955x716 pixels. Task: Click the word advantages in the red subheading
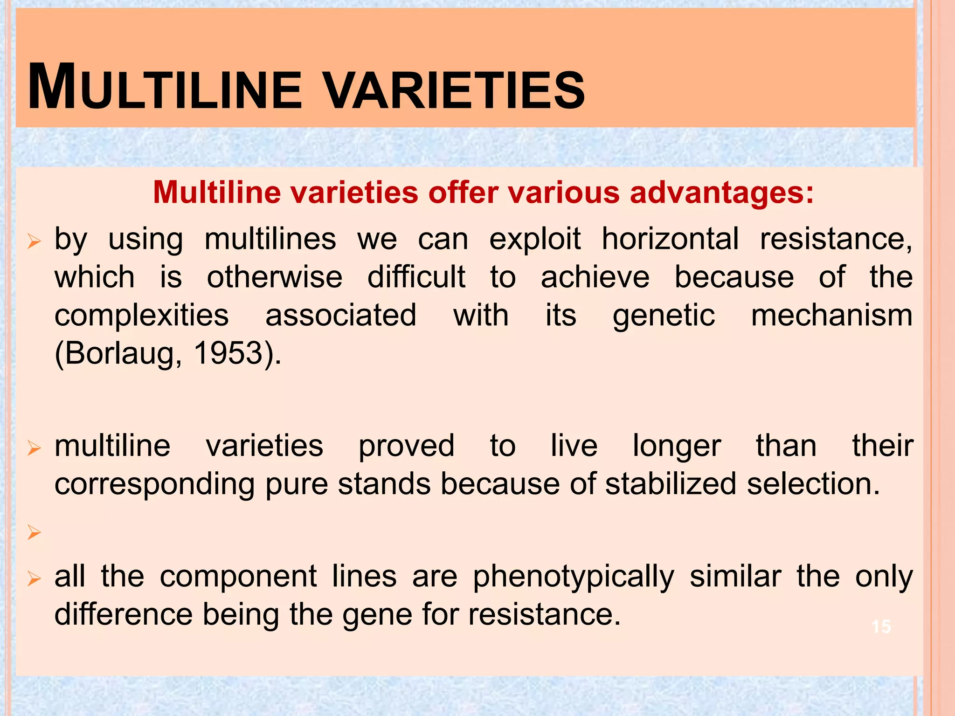point(721,193)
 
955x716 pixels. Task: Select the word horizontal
point(670,240)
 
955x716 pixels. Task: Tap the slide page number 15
point(881,626)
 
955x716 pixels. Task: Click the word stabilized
point(671,484)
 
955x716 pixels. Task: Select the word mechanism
point(831,316)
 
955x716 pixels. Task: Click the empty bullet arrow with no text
point(34,531)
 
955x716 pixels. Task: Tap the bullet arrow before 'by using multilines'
point(34,242)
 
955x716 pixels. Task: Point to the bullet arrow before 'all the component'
point(34,579)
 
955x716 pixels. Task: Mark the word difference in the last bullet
point(124,614)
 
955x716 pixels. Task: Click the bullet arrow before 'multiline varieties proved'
point(34,448)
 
